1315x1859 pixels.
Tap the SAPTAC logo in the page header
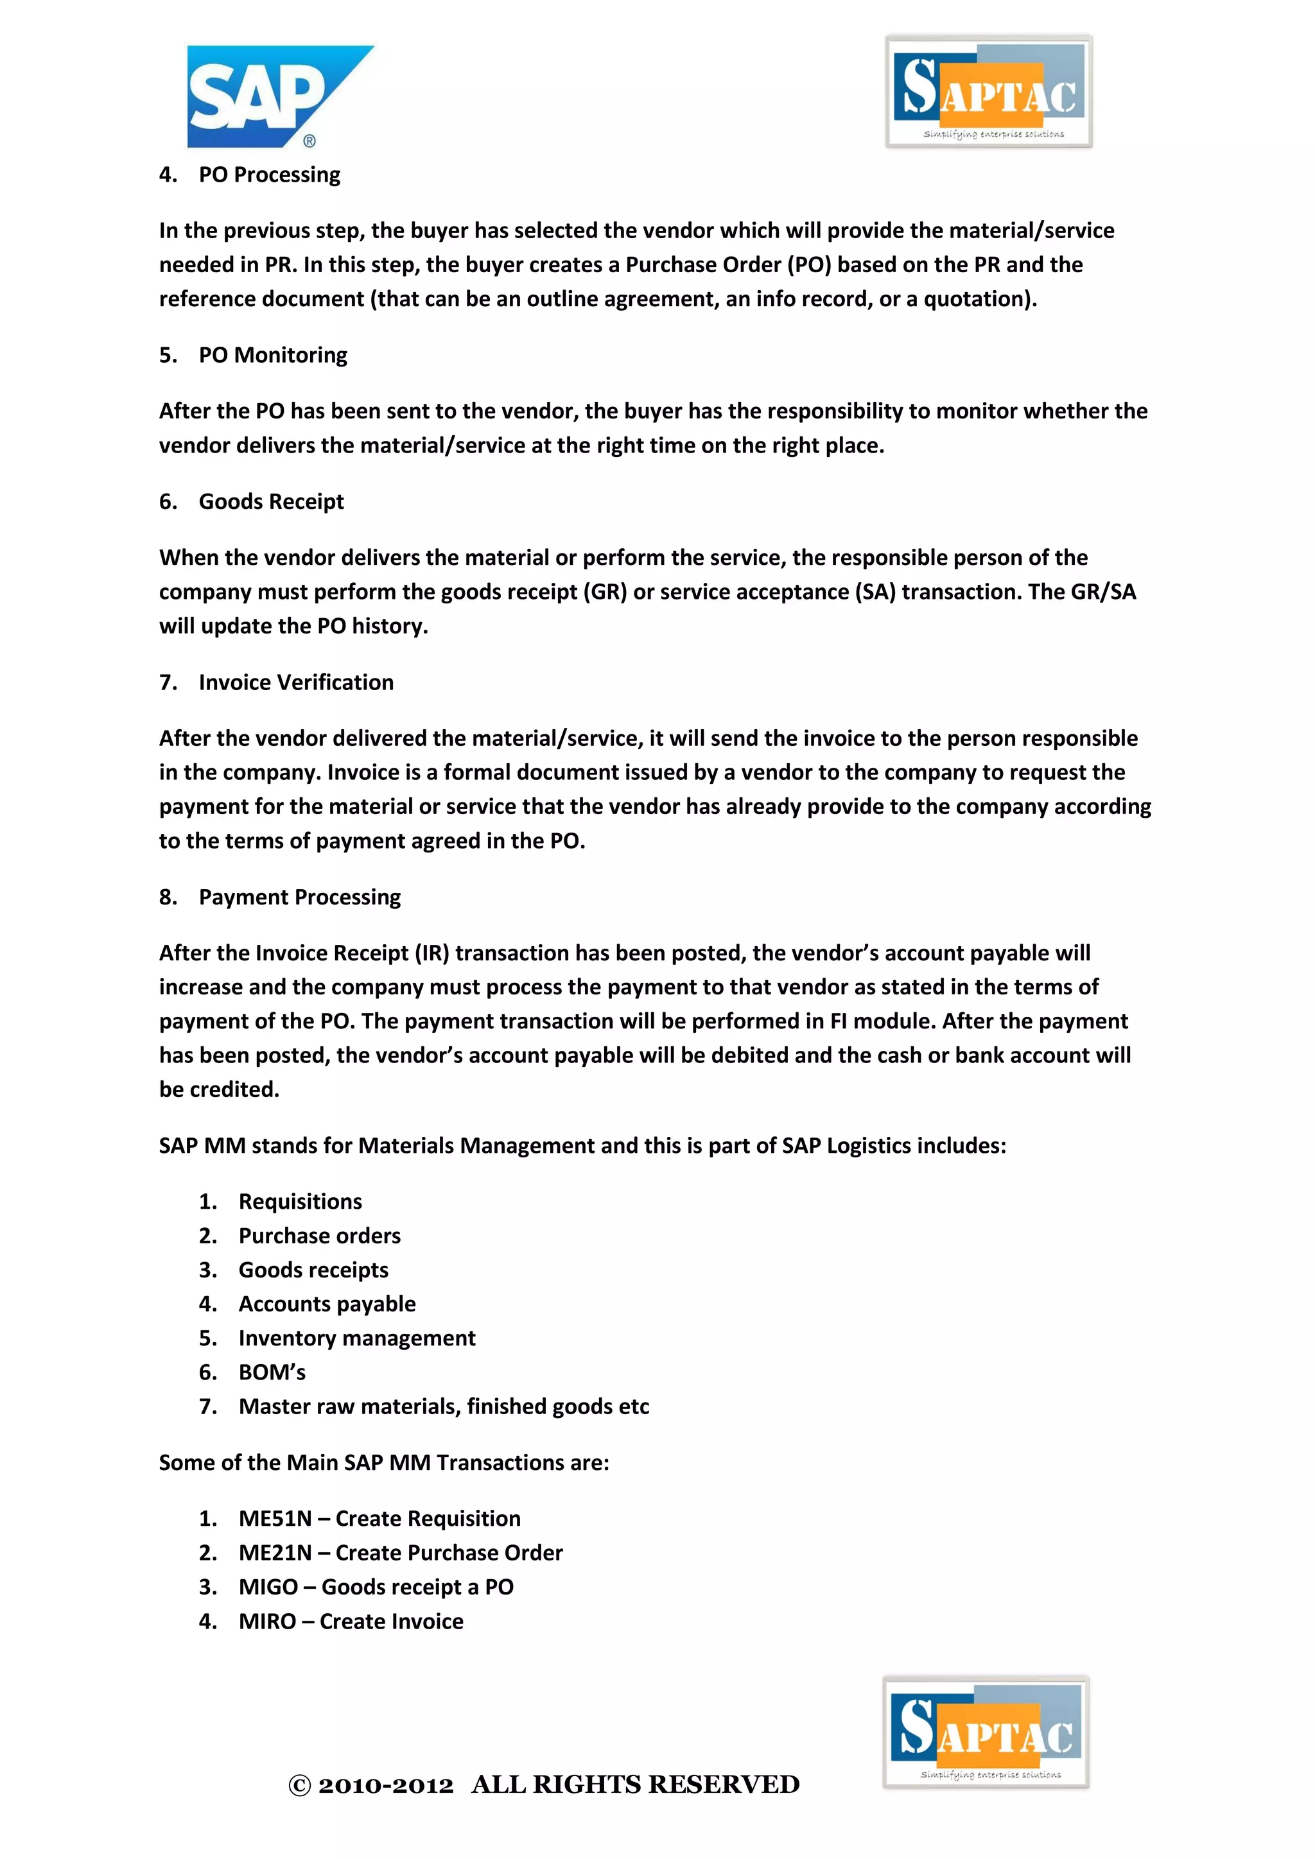(989, 92)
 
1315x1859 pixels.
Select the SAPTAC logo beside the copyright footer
(986, 1732)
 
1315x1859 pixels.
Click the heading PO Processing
(270, 175)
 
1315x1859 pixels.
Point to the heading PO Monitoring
(273, 356)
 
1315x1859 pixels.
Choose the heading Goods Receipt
(271, 502)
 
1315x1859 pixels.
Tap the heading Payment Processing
(300, 897)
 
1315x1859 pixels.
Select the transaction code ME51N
(275, 1519)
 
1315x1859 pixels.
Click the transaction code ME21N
(275, 1553)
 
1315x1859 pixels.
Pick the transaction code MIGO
(268, 1587)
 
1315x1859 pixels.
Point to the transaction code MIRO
(267, 1621)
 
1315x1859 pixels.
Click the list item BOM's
(272, 1372)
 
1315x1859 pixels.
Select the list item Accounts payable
(327, 1304)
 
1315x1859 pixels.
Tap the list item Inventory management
(357, 1338)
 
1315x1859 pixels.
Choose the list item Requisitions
(300, 1202)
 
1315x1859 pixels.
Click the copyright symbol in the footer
(300, 1786)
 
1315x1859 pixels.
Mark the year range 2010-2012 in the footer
(385, 1785)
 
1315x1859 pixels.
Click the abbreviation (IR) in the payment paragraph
(431, 953)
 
